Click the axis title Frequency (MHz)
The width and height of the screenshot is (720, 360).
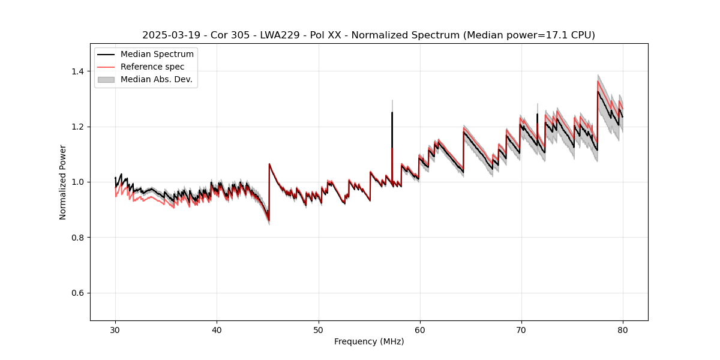coord(369,341)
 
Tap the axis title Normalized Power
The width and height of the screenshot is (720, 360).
coord(63,182)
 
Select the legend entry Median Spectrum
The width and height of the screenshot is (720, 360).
coord(157,55)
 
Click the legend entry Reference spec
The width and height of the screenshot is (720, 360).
coord(152,67)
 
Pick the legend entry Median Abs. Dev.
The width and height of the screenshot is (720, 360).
coord(156,79)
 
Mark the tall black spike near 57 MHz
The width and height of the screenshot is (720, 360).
coord(392,120)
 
